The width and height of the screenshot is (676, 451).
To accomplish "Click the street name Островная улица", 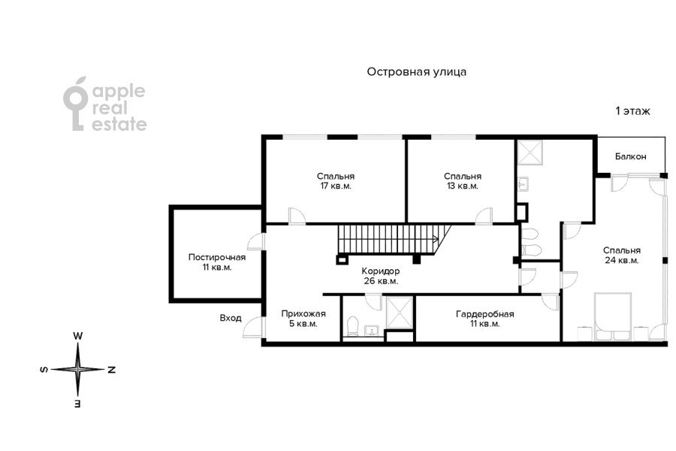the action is pyautogui.click(x=416, y=71).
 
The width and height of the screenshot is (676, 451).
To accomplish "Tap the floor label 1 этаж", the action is pyautogui.click(x=632, y=111).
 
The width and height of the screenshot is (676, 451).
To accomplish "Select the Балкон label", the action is pyautogui.click(x=631, y=156).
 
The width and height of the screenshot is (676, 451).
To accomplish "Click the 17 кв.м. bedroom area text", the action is pyautogui.click(x=336, y=186).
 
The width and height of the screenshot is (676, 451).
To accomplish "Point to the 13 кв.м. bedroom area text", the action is pyautogui.click(x=463, y=186).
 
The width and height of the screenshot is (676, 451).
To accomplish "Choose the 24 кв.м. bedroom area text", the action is pyautogui.click(x=622, y=260).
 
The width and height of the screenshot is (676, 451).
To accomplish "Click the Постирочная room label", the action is pyautogui.click(x=217, y=257).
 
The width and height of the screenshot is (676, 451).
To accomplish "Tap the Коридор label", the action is pyautogui.click(x=381, y=271).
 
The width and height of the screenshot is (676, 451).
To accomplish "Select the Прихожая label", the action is pyautogui.click(x=303, y=313).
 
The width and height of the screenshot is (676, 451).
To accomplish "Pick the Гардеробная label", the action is pyautogui.click(x=485, y=313).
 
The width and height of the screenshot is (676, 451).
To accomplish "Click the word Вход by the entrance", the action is pyautogui.click(x=231, y=318).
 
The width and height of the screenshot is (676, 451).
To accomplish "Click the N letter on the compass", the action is pyautogui.click(x=112, y=370).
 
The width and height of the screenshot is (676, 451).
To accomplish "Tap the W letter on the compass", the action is pyautogui.click(x=78, y=335).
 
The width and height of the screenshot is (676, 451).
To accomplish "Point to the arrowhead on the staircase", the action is pyautogui.click(x=436, y=239).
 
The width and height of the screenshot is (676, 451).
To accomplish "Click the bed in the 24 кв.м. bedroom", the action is pyautogui.click(x=613, y=316).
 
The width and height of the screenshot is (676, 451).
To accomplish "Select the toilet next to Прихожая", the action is pyautogui.click(x=353, y=326).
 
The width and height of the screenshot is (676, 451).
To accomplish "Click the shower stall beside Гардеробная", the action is pyautogui.click(x=400, y=313).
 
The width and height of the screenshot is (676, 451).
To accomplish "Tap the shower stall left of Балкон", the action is pyautogui.click(x=530, y=153).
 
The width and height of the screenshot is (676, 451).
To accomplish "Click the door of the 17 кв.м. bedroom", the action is pyautogui.click(x=297, y=216).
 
